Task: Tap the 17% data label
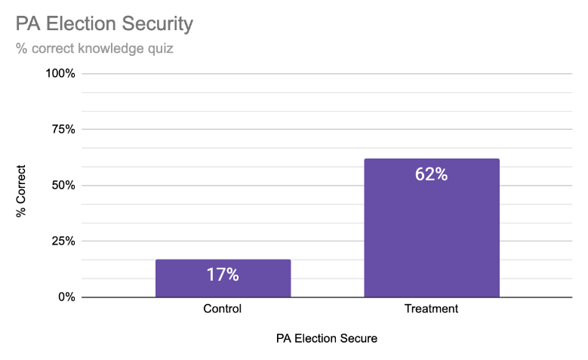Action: point(223,275)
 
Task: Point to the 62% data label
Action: point(431,174)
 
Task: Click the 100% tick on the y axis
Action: point(61,74)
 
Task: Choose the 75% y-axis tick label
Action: point(63,130)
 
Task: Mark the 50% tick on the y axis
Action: point(63,186)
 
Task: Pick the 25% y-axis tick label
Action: point(63,242)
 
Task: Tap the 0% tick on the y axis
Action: point(66,297)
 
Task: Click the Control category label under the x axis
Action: point(223,309)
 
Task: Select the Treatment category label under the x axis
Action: point(431,309)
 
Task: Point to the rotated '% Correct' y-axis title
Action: point(21,192)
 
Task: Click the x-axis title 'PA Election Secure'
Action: point(326,339)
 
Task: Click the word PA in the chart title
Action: point(27,24)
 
